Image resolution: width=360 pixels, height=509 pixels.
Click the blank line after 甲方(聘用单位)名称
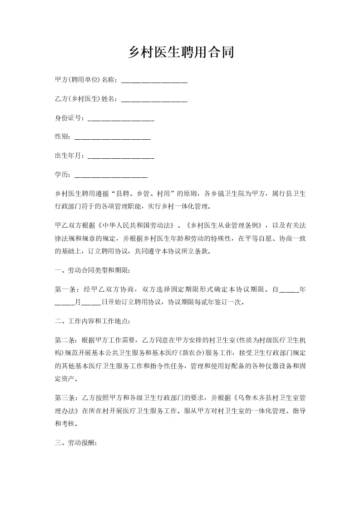click(155, 81)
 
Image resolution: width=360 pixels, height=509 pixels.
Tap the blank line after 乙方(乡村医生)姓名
click(155, 99)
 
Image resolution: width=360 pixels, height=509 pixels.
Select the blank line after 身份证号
click(121, 119)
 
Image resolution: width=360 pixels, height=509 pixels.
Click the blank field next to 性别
click(112, 137)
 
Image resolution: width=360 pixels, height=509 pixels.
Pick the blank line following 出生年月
click(121, 157)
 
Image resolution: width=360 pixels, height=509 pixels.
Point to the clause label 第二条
click(65, 340)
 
